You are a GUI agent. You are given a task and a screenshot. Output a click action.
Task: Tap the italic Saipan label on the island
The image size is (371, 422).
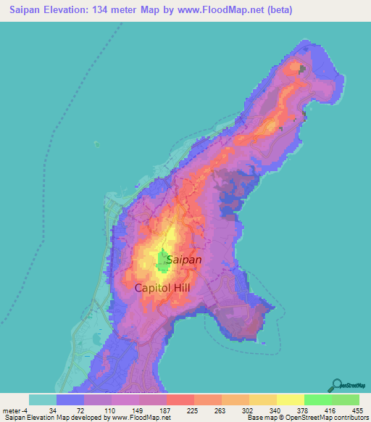tap(184, 259)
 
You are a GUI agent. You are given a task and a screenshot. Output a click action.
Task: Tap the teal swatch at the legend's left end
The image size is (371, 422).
tap(43, 400)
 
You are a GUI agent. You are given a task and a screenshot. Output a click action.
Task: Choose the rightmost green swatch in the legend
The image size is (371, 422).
tap(346, 400)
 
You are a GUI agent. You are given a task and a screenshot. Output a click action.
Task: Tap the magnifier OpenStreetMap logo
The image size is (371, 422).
tap(336, 386)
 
